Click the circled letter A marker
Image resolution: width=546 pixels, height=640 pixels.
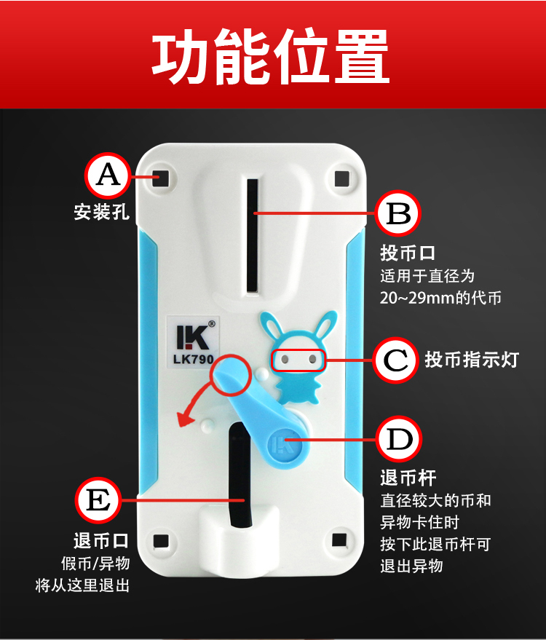(x=108, y=175)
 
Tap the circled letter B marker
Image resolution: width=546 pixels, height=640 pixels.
(x=398, y=213)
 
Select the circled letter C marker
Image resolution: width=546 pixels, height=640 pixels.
(x=395, y=360)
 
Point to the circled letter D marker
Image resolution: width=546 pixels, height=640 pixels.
(x=399, y=439)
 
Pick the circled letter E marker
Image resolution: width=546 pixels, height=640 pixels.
(x=98, y=500)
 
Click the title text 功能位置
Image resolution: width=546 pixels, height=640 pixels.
(x=271, y=56)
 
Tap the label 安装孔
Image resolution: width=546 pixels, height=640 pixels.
(x=102, y=212)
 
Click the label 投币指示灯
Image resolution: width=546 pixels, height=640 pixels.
(x=472, y=360)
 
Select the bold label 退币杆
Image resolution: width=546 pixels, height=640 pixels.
(x=408, y=478)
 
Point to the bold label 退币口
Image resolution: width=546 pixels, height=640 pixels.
(x=102, y=541)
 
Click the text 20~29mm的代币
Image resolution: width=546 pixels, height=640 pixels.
(x=440, y=298)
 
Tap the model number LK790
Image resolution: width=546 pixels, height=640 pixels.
(x=194, y=359)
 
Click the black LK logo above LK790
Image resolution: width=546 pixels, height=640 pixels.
(x=193, y=337)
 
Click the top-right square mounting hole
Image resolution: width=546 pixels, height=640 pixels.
(x=342, y=178)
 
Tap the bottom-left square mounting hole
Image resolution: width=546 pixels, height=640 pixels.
(x=161, y=541)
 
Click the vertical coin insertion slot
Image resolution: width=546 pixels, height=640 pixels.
(x=253, y=235)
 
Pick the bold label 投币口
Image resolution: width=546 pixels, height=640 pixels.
(x=408, y=253)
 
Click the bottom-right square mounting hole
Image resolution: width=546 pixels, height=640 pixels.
(x=339, y=540)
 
